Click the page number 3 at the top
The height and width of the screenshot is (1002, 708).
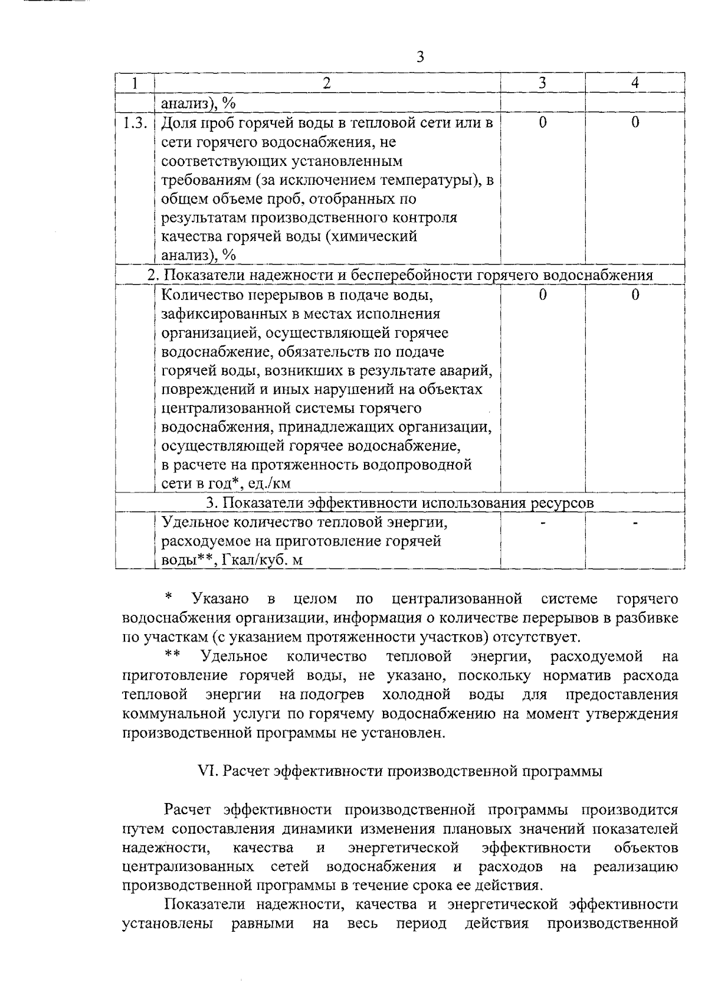pyautogui.click(x=419, y=57)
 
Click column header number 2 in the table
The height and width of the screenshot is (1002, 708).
pyautogui.click(x=326, y=83)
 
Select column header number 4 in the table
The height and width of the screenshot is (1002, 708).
pyautogui.click(x=635, y=83)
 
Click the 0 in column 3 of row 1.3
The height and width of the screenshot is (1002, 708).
pyautogui.click(x=542, y=123)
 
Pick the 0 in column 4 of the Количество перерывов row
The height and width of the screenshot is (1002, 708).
pyautogui.click(x=635, y=295)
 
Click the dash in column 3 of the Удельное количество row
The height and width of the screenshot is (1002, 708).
pyautogui.click(x=542, y=523)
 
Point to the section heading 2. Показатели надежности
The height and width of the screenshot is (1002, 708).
pyautogui.click(x=400, y=275)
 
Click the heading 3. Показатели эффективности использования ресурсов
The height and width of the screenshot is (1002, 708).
pyautogui.click(x=400, y=503)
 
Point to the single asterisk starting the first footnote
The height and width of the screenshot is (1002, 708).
pyautogui.click(x=169, y=597)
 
